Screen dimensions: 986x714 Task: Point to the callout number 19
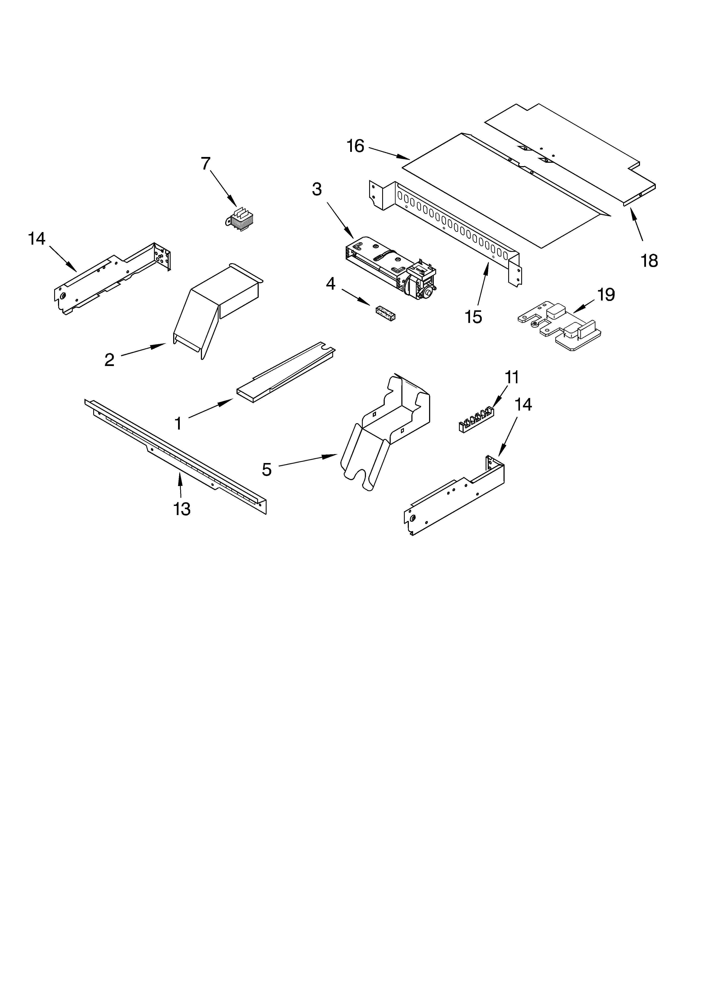pos(606,295)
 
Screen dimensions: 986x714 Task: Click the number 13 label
pos(182,509)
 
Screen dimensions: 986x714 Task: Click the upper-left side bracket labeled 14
pos(113,278)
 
